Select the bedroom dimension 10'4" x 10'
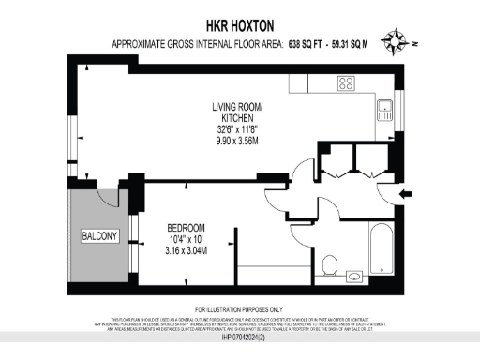[x=185, y=240]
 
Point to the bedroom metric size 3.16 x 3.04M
[x=186, y=251]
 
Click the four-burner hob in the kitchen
[x=346, y=82]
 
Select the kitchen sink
[x=384, y=114]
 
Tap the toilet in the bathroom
[x=329, y=262]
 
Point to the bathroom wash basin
[x=355, y=276]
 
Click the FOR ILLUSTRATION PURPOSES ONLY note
[x=240, y=309]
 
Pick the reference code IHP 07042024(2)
[x=240, y=337]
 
